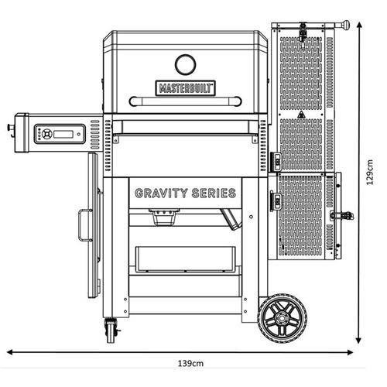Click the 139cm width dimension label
coord(190,364)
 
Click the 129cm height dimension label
coord(370,173)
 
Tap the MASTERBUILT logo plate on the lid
coord(186,88)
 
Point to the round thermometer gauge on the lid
coord(185,64)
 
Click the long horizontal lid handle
coord(186,101)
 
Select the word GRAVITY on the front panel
coord(161,193)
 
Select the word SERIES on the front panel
coord(214,193)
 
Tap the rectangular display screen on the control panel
coord(63,134)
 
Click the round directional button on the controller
coord(46,134)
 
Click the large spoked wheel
coord(283,318)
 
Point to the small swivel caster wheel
coord(111,331)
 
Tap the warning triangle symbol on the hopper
coord(301,115)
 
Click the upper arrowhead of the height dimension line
coord(358,26)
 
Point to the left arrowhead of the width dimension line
coord(10,352)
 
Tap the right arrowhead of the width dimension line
coord(350,352)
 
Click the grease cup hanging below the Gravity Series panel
coord(164,217)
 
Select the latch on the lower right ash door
coord(342,215)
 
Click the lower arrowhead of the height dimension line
coord(358,341)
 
